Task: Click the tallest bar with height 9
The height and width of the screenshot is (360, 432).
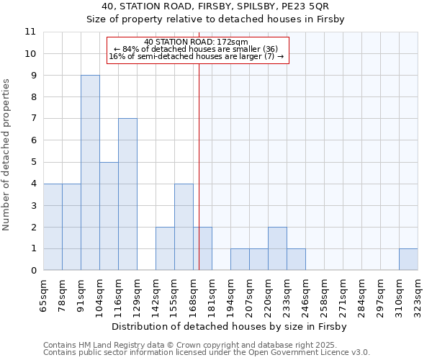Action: (90, 173)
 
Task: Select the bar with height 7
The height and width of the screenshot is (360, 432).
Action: (127, 194)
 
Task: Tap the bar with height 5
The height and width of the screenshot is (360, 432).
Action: (109, 216)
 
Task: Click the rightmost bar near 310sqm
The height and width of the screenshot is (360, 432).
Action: (408, 259)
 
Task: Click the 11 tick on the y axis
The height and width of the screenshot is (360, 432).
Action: (30, 32)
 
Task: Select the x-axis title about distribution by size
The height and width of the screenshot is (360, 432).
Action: (230, 327)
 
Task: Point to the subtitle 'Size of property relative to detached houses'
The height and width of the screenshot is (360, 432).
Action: (216, 19)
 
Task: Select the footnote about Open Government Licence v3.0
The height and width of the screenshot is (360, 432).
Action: (207, 352)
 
